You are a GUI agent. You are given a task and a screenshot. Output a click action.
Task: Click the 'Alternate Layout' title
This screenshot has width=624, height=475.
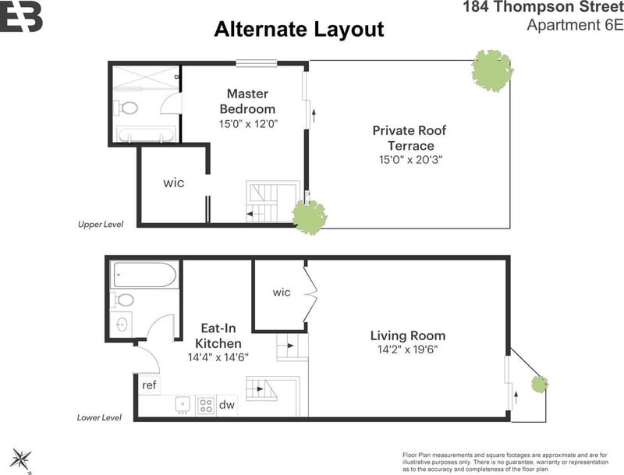tap(300, 30)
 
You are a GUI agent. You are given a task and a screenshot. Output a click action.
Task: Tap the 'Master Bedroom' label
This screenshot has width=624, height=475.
tap(247, 101)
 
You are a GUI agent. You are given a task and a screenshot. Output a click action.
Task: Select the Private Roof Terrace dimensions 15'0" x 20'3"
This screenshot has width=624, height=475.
tap(411, 160)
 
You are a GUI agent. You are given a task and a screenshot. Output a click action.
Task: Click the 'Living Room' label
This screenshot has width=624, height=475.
tap(408, 335)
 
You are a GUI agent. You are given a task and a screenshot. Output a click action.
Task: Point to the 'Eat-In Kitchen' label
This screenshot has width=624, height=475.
tap(218, 335)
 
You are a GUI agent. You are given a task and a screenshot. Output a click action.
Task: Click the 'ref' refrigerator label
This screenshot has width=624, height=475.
tap(149, 385)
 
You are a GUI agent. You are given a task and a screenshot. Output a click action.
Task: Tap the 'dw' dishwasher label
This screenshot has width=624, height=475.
tap(227, 405)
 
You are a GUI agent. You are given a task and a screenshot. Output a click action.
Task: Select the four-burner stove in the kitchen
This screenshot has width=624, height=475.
tap(206, 406)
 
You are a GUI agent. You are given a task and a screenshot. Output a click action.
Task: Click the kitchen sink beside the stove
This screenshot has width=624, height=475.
tap(183, 405)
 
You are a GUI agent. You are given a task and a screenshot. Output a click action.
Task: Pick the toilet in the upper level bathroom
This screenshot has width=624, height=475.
tap(126, 108)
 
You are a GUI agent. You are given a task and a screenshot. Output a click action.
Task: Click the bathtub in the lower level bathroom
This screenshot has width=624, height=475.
tap(144, 275)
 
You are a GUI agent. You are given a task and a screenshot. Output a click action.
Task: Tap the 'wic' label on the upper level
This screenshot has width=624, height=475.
tap(173, 183)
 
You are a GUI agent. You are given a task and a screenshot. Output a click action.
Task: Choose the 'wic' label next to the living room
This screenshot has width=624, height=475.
tap(282, 292)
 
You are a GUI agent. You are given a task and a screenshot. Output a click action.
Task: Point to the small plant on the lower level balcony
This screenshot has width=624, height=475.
tap(540, 384)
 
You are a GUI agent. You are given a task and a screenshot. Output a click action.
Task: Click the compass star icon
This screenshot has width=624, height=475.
tap(21, 459)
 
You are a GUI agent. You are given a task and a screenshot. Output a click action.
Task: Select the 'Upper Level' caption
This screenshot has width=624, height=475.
tap(101, 225)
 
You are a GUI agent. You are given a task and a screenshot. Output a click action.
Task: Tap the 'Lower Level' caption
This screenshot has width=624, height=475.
tap(99, 418)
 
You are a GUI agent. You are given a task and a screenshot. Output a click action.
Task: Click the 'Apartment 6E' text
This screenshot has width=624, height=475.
tap(575, 25)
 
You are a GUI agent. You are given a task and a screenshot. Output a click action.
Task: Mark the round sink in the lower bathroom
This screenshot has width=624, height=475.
tap(122, 324)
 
